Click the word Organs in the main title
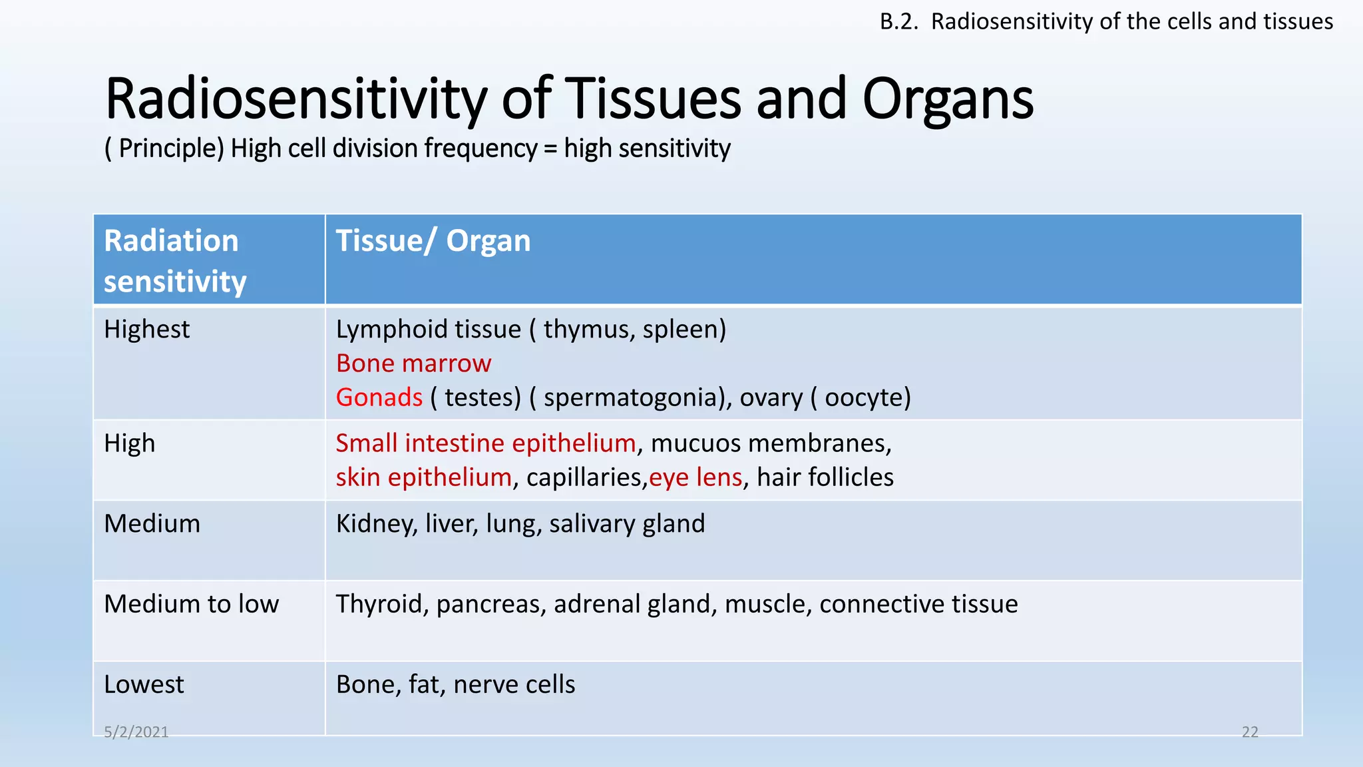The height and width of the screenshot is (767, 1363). pyautogui.click(x=948, y=100)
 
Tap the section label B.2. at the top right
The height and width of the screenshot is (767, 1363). pyautogui.click(x=898, y=22)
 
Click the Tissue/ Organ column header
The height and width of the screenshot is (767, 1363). pyautogui.click(x=433, y=241)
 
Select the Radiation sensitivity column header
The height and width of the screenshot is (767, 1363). pyautogui.click(x=174, y=260)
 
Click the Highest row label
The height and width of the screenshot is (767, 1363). pyautogui.click(x=146, y=330)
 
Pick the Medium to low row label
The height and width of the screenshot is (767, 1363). pyautogui.click(x=191, y=604)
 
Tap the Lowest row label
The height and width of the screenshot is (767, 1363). pyautogui.click(x=144, y=684)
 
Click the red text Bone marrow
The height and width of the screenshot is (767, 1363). pyautogui.click(x=413, y=364)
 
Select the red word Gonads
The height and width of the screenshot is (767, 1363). pyautogui.click(x=379, y=397)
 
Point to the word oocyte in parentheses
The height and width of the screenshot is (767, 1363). pyautogui.click(x=863, y=397)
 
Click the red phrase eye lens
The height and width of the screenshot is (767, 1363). pyautogui.click(x=695, y=477)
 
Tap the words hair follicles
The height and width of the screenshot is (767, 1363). pyautogui.click(x=825, y=477)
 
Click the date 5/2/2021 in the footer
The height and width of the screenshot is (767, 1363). pyautogui.click(x=136, y=732)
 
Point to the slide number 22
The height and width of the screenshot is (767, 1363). pyautogui.click(x=1250, y=732)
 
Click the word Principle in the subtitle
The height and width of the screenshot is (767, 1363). pyautogui.click(x=171, y=148)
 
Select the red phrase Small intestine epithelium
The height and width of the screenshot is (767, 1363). pyautogui.click(x=486, y=443)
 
